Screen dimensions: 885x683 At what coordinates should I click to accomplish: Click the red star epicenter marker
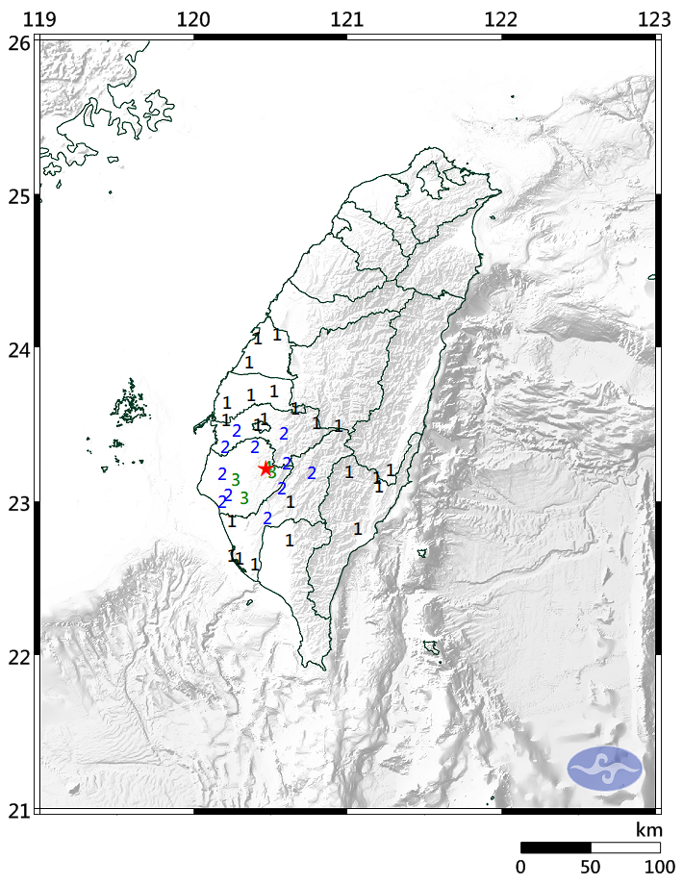click(x=266, y=468)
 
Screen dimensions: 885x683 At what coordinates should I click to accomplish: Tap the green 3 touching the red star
click(x=273, y=472)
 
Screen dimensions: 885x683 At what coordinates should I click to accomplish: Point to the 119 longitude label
click(x=38, y=19)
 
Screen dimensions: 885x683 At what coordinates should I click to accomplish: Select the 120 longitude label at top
click(x=193, y=19)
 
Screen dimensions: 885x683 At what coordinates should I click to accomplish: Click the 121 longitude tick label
click(x=346, y=19)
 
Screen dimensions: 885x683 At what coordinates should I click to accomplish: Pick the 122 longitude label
click(x=501, y=19)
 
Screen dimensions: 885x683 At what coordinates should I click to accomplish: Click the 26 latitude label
click(x=17, y=42)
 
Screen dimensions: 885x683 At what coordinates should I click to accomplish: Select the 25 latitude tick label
click(x=17, y=196)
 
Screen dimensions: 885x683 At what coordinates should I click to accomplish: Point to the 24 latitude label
click(x=17, y=349)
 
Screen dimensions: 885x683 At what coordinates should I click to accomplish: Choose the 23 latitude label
click(x=17, y=502)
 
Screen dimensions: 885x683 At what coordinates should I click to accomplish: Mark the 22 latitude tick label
click(x=17, y=656)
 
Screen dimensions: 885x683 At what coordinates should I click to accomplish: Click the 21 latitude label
click(x=17, y=809)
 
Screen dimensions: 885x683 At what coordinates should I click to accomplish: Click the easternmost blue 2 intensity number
click(x=312, y=472)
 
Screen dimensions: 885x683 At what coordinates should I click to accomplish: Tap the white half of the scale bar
click(x=624, y=847)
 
